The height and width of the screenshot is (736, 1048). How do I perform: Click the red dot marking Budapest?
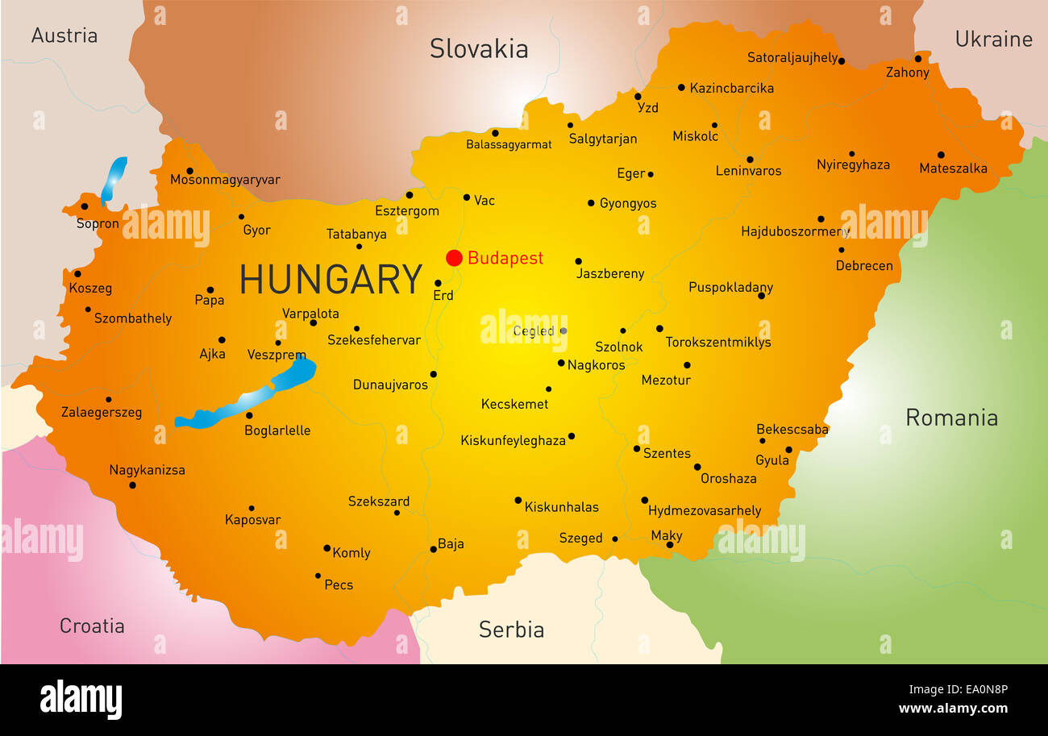coord(454,258)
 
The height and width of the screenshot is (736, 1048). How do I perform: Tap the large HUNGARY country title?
coord(331,280)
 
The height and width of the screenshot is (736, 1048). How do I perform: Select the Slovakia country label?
coord(479,48)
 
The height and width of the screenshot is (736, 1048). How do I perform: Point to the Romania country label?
coord(951,418)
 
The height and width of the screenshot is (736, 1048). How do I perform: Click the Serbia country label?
coord(511,630)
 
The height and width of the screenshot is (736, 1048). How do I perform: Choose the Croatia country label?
coord(92,626)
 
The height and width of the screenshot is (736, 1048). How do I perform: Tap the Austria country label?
coord(64,35)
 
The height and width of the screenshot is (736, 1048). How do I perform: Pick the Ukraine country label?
coord(993,39)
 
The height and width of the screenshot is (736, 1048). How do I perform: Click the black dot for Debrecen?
coord(841,249)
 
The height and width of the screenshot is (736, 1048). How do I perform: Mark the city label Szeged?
coord(580,538)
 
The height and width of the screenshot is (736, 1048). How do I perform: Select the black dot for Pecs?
coord(318,576)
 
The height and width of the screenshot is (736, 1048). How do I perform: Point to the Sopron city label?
coord(98,223)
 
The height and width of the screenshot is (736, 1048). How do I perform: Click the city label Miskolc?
coord(695,136)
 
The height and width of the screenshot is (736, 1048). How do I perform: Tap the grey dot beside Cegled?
coord(564,331)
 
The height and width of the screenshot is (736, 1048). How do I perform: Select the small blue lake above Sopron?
coord(114,179)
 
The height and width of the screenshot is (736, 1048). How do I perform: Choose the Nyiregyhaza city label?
coord(853,164)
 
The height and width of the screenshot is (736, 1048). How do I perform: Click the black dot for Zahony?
coord(917,58)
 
